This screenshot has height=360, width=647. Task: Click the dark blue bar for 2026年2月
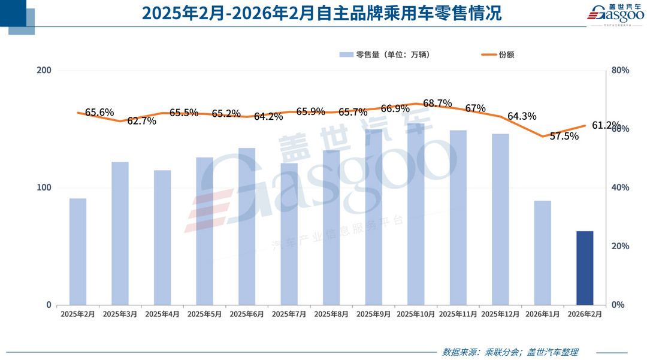(585, 268)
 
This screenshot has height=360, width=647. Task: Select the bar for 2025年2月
(78, 252)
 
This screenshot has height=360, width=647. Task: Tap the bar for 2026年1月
(542, 253)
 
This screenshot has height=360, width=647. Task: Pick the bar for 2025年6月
(247, 226)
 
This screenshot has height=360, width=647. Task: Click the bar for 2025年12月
(500, 219)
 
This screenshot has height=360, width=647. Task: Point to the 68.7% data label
(437, 104)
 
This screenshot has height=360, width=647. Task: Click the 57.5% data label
(564, 136)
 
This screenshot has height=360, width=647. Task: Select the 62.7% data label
(141, 121)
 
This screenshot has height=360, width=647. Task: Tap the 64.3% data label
(521, 116)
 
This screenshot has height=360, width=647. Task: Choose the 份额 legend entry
(498, 55)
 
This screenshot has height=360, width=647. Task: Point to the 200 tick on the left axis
(44, 71)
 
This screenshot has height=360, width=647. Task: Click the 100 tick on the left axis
(44, 187)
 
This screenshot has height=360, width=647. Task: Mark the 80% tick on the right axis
(620, 71)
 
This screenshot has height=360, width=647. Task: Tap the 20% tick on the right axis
(620, 246)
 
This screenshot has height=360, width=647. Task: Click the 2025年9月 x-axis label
(373, 314)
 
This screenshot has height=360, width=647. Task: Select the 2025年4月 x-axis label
(162, 314)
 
